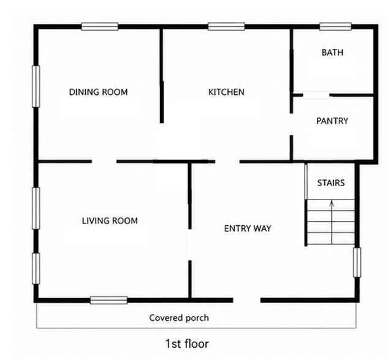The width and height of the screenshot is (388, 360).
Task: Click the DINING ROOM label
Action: coord(98,92)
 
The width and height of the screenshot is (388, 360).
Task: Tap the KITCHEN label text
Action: coord(226,92)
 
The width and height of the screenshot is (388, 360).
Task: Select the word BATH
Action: coord(332,53)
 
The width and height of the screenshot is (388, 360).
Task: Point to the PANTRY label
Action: coord(332,121)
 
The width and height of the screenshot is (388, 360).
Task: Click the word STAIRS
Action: coord(331,183)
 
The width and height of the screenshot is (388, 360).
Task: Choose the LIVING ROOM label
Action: coord(110,220)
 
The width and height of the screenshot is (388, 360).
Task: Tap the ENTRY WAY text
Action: coord(248,228)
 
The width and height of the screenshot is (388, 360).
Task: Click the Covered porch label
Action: coord(179,318)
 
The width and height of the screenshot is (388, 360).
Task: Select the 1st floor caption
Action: coord(187,343)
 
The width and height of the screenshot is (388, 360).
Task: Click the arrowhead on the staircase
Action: coord(332,203)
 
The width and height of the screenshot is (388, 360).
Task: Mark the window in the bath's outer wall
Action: coord(335,26)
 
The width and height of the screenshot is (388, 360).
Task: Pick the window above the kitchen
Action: coord(226,26)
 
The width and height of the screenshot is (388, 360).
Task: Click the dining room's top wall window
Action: coord(100,26)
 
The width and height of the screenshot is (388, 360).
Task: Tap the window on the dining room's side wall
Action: coord(36,86)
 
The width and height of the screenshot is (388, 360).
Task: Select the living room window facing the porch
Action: coord(108,300)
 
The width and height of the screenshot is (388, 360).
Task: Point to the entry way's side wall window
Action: coord(357,263)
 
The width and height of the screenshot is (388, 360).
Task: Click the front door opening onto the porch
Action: coord(246,300)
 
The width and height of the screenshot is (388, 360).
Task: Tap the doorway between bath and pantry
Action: coord(316,95)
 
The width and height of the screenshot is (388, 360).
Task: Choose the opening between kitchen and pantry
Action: coord(292,124)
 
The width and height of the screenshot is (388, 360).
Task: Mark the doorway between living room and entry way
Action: coord(190,245)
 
